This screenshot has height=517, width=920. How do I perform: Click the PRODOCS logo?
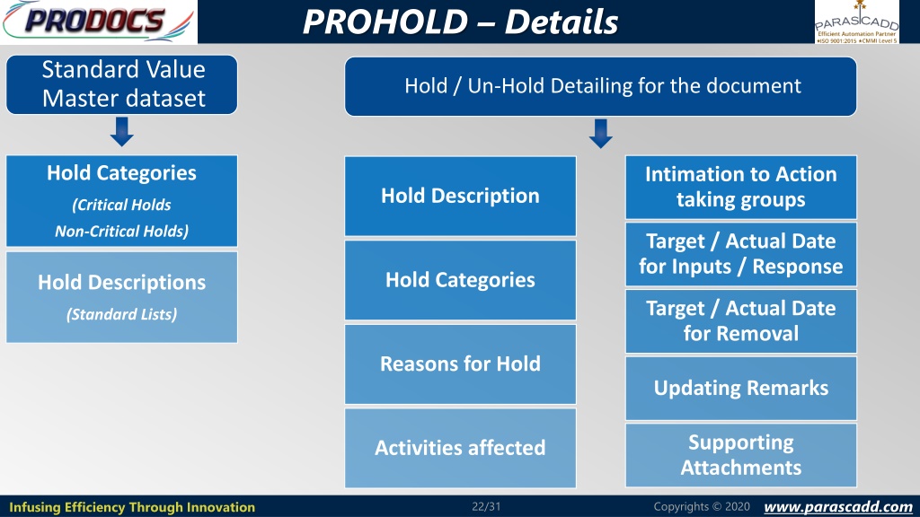[99, 22]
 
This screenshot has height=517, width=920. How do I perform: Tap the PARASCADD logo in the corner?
[856, 22]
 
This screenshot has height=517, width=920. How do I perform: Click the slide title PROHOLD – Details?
[461, 22]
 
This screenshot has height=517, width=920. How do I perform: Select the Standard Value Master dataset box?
[122, 84]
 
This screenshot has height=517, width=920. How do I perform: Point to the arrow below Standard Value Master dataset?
[122, 131]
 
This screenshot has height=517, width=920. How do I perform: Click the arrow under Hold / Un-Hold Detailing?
[601, 133]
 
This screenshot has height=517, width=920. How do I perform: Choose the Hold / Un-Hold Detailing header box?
[601, 86]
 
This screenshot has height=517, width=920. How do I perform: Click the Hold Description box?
[461, 196]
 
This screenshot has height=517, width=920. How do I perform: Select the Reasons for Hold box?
[461, 364]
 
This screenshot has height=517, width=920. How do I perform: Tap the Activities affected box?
[461, 448]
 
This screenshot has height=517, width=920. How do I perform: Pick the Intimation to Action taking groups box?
[741, 187]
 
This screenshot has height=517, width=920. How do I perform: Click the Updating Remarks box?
[741, 388]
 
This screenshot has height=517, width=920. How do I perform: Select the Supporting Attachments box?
[741, 455]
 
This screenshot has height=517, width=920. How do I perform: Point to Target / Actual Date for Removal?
[741, 320]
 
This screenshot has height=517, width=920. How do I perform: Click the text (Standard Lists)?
[122, 314]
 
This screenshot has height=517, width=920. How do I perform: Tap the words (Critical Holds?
[122, 205]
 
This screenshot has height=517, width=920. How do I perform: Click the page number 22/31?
[486, 506]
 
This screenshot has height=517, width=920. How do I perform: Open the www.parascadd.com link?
[838, 506]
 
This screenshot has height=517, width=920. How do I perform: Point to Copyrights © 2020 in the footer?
[702, 506]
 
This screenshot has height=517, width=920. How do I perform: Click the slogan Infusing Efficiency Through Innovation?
[132, 507]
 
